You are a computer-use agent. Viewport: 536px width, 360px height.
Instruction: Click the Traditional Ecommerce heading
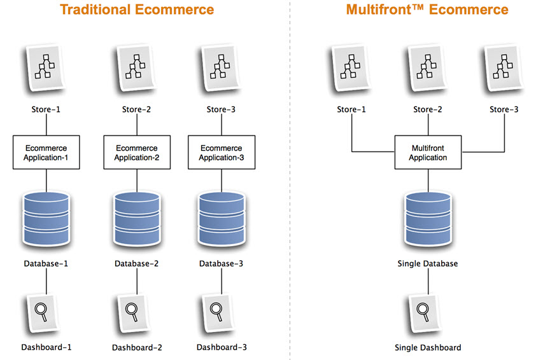tap(137, 10)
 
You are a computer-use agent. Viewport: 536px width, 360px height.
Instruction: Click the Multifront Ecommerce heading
tap(427, 10)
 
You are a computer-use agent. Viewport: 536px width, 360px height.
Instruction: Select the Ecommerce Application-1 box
tap(46, 152)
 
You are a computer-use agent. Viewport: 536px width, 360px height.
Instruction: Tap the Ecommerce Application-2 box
tap(136, 152)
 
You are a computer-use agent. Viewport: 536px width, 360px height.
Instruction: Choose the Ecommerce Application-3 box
tap(220, 152)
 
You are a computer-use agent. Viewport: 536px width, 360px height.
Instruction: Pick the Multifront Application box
tap(428, 152)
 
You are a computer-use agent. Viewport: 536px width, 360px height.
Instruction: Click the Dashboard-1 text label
tap(46, 347)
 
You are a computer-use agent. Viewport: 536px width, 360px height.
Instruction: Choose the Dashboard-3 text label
tap(222, 347)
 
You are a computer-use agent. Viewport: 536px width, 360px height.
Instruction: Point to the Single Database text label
tap(427, 263)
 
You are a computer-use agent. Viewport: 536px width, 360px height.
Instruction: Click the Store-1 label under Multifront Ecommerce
tap(351, 109)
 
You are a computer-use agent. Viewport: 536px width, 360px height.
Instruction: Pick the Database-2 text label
tap(137, 263)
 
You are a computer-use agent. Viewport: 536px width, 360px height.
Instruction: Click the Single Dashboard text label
tap(427, 347)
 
